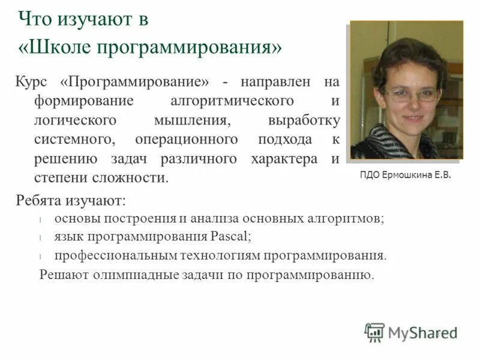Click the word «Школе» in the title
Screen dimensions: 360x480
[x=63, y=47]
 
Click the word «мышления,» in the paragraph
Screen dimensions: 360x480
[x=191, y=120]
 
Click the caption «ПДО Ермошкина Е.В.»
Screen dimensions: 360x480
[x=405, y=175]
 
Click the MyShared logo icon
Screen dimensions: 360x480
[x=374, y=332]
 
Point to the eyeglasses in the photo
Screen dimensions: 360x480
[x=411, y=94]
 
